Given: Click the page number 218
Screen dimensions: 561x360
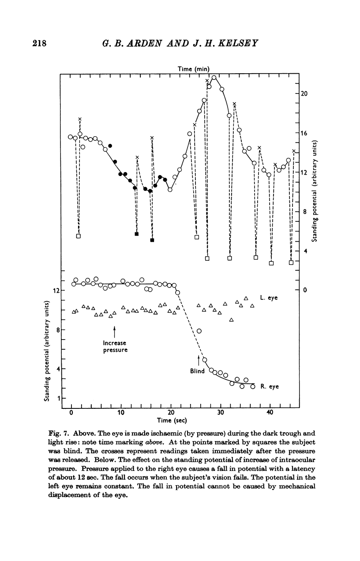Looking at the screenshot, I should click(x=39, y=43).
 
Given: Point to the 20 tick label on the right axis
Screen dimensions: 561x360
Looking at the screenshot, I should click(x=304, y=94).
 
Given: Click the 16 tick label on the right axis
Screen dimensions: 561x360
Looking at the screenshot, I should click(x=304, y=133).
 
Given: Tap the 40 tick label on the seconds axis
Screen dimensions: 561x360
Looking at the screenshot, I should click(x=270, y=412).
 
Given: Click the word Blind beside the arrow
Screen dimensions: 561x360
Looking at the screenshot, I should click(x=197, y=371).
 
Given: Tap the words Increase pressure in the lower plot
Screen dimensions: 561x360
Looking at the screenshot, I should click(x=115, y=347).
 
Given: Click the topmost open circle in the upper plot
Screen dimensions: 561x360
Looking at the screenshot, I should click(x=214, y=78).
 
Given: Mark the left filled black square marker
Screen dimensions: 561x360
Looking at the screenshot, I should click(x=137, y=234).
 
